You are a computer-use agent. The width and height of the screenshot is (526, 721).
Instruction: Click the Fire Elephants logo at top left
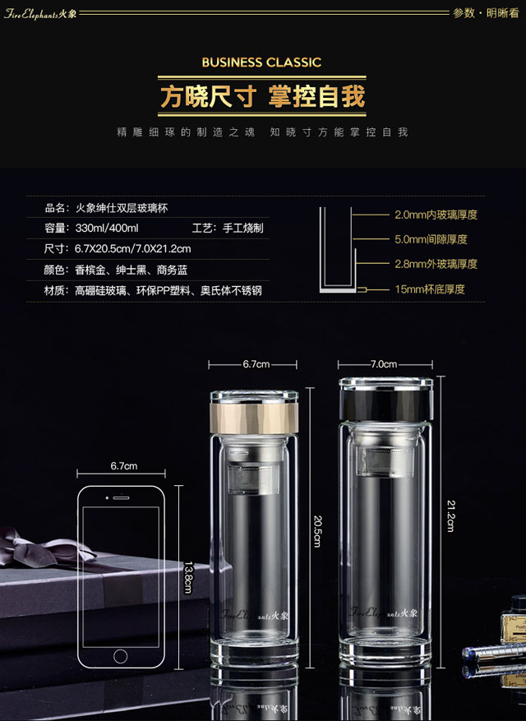40,13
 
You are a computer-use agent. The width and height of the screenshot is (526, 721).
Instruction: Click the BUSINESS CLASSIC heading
261,62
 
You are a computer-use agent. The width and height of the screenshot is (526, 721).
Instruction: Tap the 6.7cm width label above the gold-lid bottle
256,364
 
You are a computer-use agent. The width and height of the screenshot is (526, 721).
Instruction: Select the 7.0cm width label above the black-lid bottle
384,364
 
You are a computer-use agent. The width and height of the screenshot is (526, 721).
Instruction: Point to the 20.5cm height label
317,531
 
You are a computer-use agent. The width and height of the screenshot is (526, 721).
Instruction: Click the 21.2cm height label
450,516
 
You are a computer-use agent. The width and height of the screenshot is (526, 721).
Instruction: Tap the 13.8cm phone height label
187,577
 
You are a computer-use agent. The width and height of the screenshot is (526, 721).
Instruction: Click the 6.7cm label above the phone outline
123,466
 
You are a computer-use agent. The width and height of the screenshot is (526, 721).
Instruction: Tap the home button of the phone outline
121,656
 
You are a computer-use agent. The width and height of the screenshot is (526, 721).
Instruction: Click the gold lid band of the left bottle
254,418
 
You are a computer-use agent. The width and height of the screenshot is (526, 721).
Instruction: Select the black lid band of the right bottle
385,404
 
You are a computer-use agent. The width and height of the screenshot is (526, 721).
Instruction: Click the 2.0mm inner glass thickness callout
436,215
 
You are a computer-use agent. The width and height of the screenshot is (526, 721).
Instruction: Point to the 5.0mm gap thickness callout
431,239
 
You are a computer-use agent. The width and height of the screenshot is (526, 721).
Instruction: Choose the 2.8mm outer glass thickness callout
436,264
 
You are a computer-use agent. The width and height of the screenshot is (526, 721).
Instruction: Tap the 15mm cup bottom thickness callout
430,289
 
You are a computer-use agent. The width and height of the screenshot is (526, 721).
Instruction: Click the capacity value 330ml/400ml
107,228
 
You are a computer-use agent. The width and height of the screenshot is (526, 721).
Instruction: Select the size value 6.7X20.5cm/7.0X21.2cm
133,249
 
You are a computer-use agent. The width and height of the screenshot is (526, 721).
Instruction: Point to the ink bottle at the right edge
514,618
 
